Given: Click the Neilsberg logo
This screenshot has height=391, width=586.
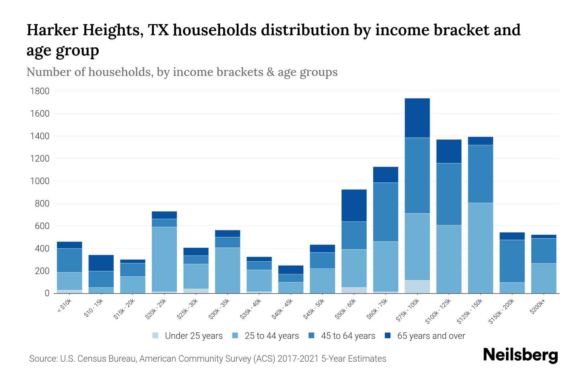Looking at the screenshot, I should [x=520, y=355].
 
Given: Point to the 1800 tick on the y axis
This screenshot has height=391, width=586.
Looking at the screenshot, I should [x=40, y=91].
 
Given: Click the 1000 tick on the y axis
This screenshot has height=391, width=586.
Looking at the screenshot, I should [x=40, y=181].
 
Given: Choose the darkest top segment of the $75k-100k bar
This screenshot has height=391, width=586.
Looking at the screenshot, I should [x=417, y=118].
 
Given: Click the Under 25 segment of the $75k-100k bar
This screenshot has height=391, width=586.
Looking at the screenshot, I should [x=417, y=287].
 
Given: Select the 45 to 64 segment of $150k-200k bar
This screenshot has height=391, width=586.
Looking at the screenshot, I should [x=512, y=261].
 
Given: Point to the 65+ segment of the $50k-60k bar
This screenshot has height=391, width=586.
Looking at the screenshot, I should [x=354, y=205].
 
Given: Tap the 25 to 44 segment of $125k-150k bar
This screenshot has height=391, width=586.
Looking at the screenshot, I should [x=480, y=248].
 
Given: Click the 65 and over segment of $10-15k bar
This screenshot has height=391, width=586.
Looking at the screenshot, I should [x=101, y=263].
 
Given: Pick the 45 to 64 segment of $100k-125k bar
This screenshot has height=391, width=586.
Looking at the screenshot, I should [x=449, y=194].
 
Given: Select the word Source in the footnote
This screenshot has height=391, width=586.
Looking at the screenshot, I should [x=42, y=359].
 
